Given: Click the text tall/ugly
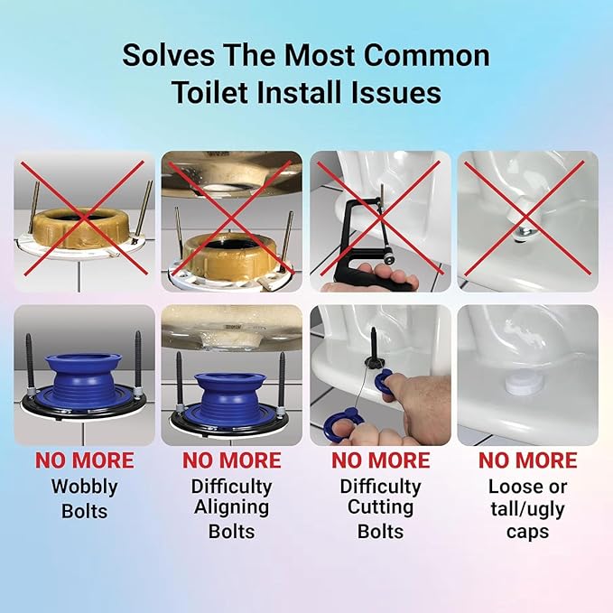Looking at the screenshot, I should coord(527,508).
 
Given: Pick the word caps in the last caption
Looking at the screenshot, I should coord(527,531).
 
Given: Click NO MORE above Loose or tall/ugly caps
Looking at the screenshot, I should coord(527,461).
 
